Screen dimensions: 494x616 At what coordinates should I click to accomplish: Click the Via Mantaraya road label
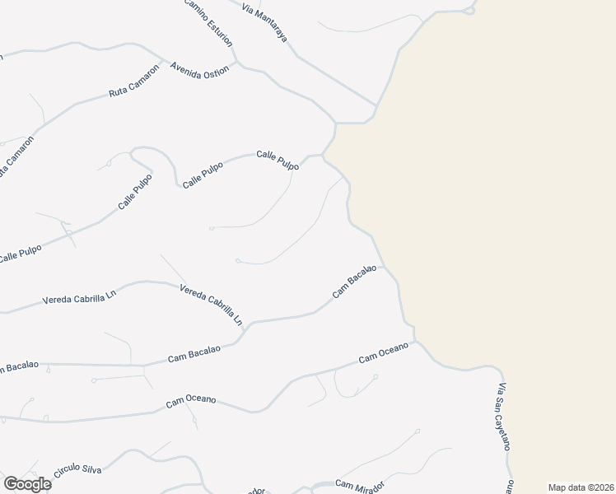tap(265, 22)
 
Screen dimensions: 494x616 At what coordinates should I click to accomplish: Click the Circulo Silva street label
tap(77, 471)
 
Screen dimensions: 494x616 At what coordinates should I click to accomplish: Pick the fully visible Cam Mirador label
tap(359, 487)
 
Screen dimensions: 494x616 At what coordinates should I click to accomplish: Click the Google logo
tap(27, 484)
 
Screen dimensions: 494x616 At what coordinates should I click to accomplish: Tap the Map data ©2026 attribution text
tap(581, 487)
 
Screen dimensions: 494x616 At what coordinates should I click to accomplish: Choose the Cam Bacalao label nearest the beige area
tap(354, 281)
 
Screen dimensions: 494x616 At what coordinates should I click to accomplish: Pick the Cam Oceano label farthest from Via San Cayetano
tap(190, 400)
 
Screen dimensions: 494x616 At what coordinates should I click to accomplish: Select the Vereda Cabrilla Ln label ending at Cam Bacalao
tap(212, 303)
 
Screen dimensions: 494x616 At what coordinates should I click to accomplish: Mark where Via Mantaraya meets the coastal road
tap(375, 105)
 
